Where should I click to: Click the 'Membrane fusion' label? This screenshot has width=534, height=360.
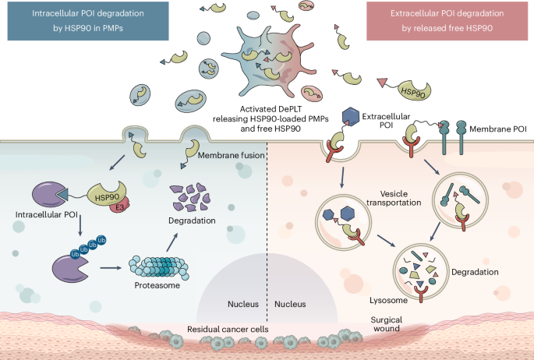point(230,155)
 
